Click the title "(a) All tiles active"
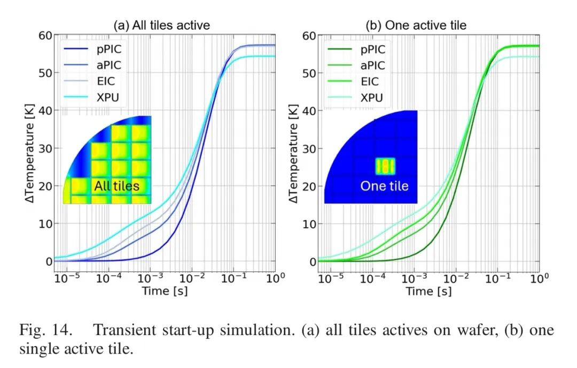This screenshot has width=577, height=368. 161,25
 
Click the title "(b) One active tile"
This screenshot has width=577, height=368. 416,25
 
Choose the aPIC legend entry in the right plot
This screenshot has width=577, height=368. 370,66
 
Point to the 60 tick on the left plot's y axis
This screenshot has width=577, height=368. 45,36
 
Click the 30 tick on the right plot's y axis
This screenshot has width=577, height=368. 308,148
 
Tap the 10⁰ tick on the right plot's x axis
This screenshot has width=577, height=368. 539,278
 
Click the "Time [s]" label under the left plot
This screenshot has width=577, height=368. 165,291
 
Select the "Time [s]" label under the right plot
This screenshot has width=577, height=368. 428,291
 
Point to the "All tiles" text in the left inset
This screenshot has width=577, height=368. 116,186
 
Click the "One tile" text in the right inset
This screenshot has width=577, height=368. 384,186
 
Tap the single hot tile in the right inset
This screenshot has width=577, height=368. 384,166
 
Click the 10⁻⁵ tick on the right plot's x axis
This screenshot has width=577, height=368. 331,278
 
